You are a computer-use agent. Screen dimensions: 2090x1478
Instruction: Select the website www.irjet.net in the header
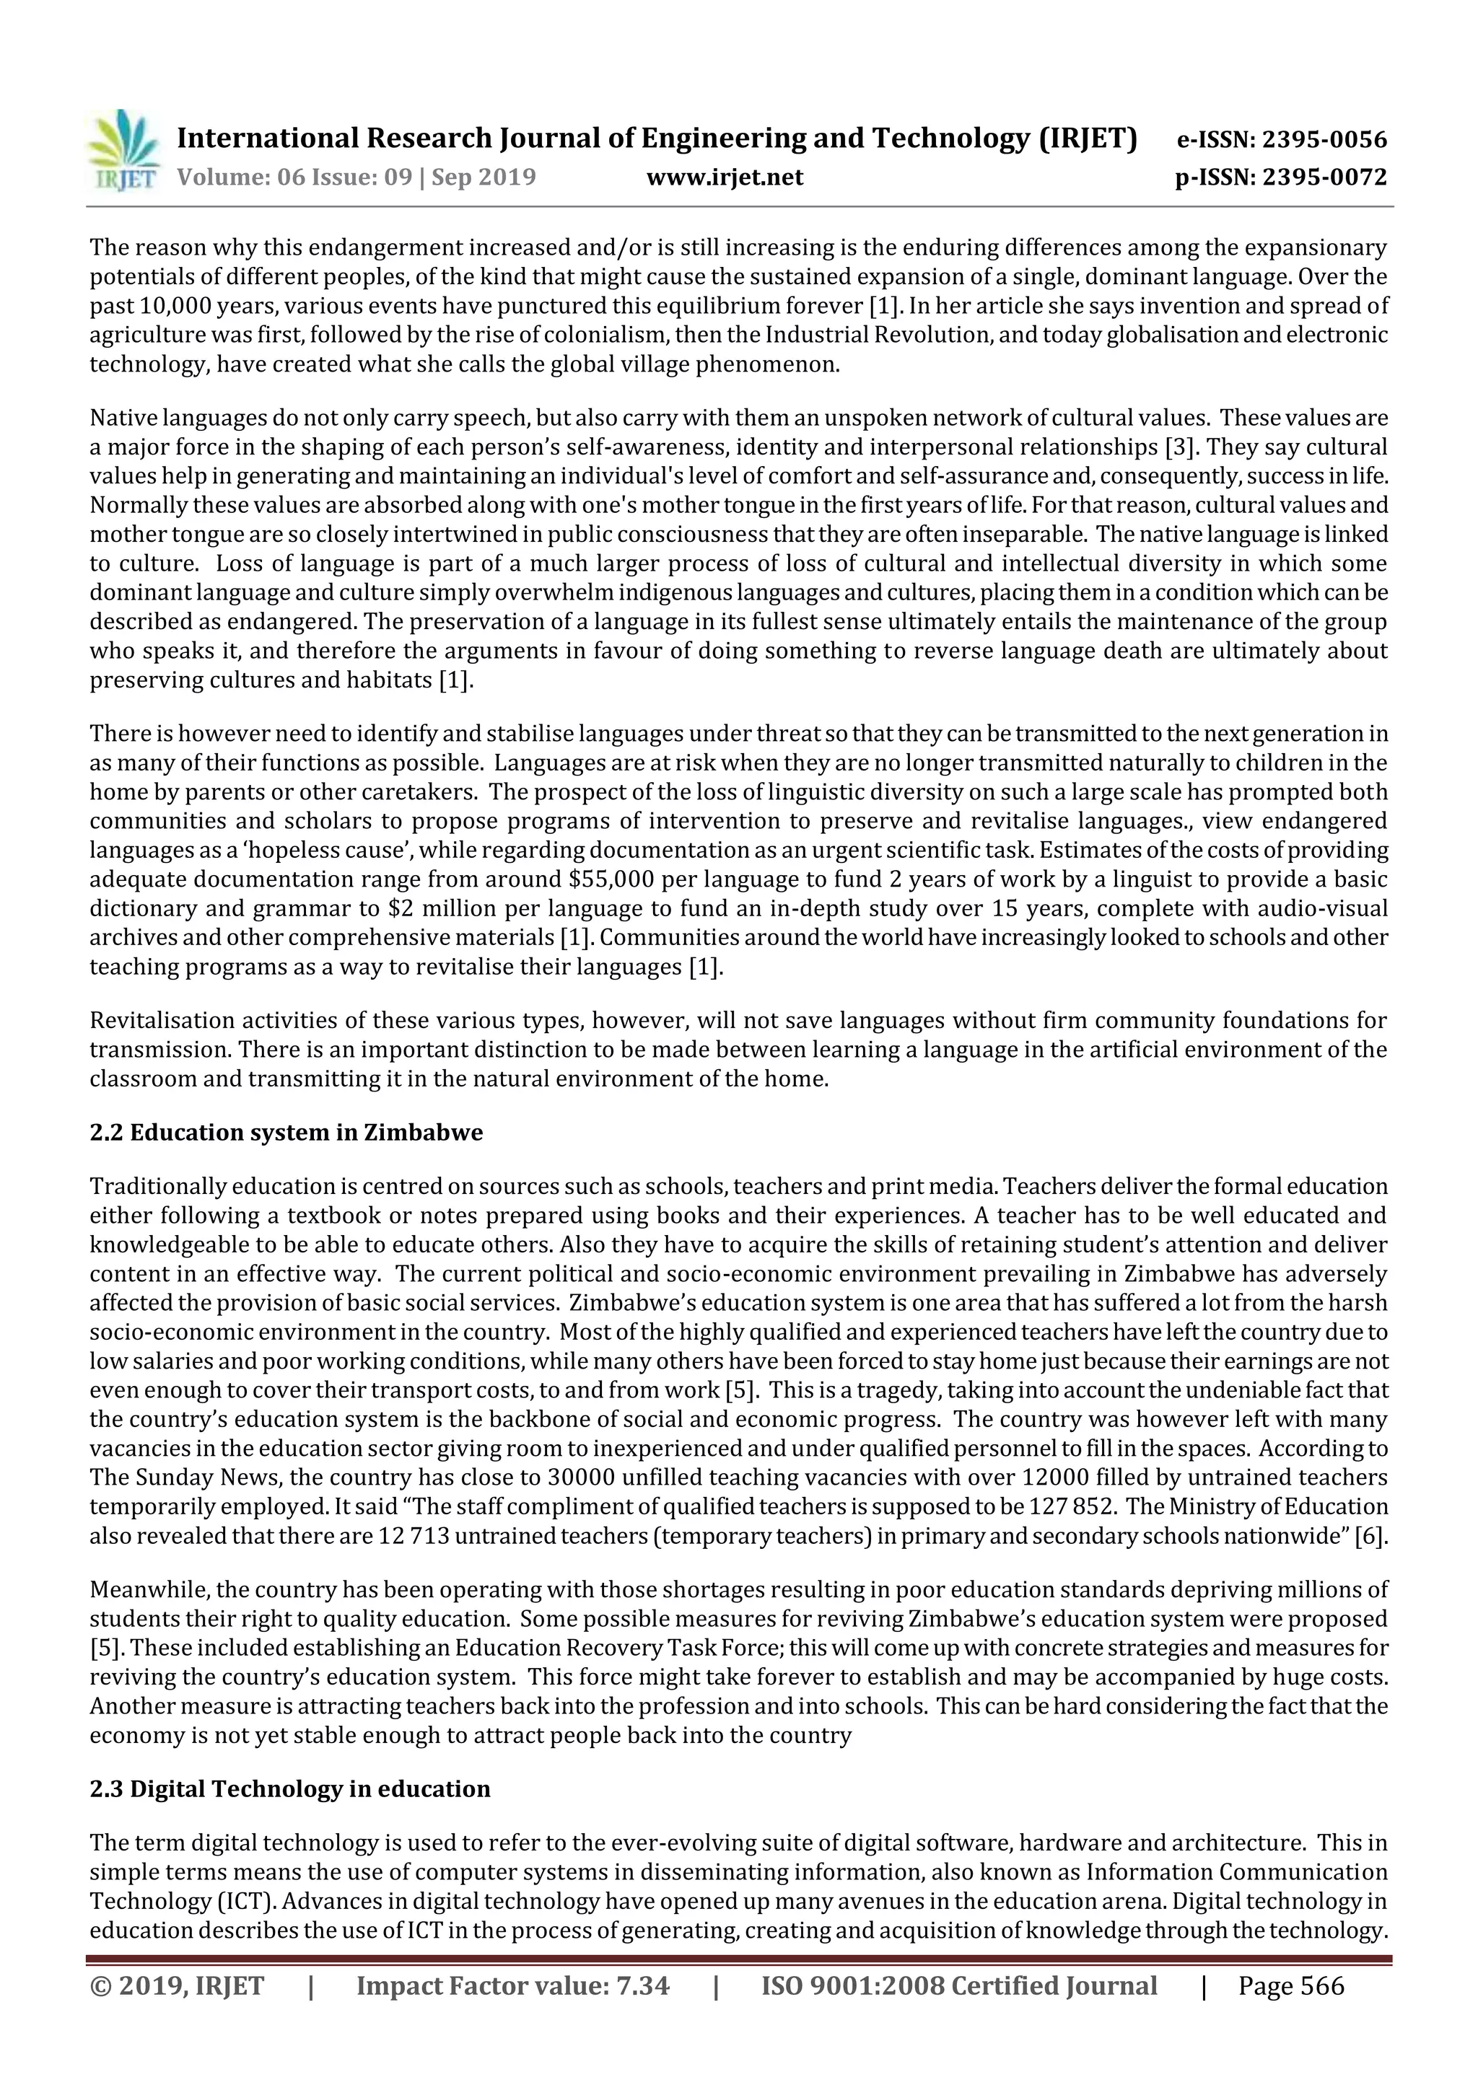(724, 177)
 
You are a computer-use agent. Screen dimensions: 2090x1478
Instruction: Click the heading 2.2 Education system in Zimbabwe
(286, 1133)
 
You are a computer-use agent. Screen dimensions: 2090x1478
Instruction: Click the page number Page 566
(1290, 1985)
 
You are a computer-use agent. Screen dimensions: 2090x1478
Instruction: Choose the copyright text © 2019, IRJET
(177, 1985)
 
